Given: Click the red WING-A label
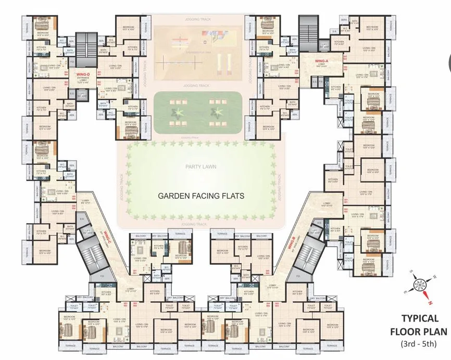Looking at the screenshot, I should coord(321,61).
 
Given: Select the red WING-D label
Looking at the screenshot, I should coord(83,74).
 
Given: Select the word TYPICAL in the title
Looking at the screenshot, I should coord(419,318).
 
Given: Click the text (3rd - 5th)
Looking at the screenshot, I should coord(419,343).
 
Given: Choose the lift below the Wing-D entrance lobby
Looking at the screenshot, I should coord(82,94).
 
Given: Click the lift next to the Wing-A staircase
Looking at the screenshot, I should coord(324,45).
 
